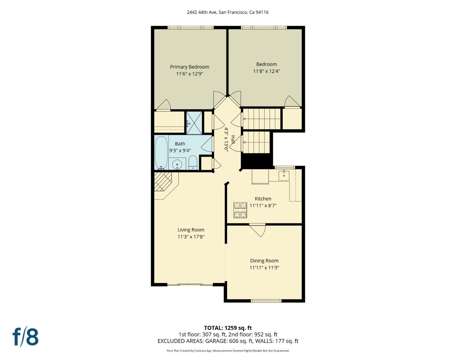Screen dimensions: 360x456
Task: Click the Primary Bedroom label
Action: point(189,67)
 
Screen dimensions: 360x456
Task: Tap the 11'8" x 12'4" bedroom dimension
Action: point(266,71)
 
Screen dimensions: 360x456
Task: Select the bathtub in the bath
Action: point(161,152)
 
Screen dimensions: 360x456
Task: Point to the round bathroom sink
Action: point(177,165)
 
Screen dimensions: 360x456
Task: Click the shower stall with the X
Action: point(194,123)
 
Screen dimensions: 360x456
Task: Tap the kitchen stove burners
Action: point(240,210)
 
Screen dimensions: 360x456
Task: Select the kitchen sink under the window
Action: point(284,175)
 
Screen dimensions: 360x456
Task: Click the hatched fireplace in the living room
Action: point(163,181)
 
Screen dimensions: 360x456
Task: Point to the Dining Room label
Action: point(264,261)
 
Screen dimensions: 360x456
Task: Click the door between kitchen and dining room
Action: point(257,229)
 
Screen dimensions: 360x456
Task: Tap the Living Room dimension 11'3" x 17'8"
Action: point(191,237)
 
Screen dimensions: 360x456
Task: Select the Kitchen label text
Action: point(263,199)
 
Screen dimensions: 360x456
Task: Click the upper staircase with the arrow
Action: point(261,119)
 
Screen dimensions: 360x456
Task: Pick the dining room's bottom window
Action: point(266,301)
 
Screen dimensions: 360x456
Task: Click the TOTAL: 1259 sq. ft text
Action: point(228,328)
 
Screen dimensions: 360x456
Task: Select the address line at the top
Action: point(228,12)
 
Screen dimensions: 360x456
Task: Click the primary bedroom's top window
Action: point(191,27)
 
